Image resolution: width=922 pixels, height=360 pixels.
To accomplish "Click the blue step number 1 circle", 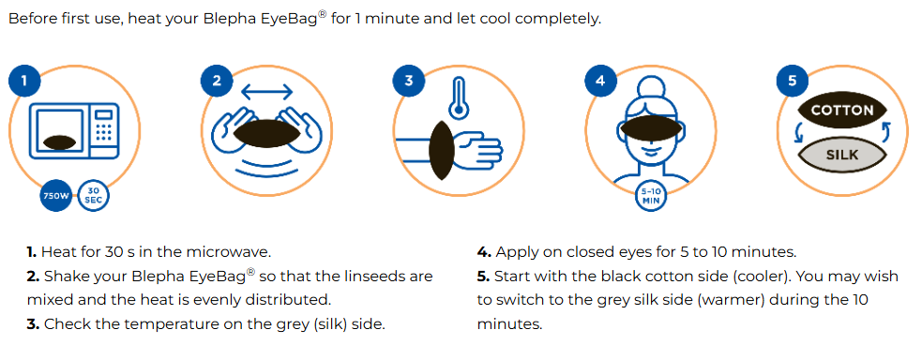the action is [x=24, y=81].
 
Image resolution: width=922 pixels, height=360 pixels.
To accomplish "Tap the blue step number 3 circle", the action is [x=409, y=81].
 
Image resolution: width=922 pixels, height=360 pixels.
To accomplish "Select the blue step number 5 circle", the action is [x=792, y=81].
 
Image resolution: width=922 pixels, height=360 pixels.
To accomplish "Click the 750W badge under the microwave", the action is [x=56, y=196].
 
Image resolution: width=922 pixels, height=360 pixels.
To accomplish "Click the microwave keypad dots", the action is [x=104, y=132].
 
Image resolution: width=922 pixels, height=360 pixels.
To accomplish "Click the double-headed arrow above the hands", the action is [x=266, y=92].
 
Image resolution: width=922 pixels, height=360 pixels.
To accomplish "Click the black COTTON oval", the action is [x=842, y=110].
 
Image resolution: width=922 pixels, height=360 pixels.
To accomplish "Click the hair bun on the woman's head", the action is [x=650, y=88].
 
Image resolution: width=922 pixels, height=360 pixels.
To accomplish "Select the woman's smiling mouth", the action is [x=650, y=150].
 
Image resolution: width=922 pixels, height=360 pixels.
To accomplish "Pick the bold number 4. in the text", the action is [x=484, y=252].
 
